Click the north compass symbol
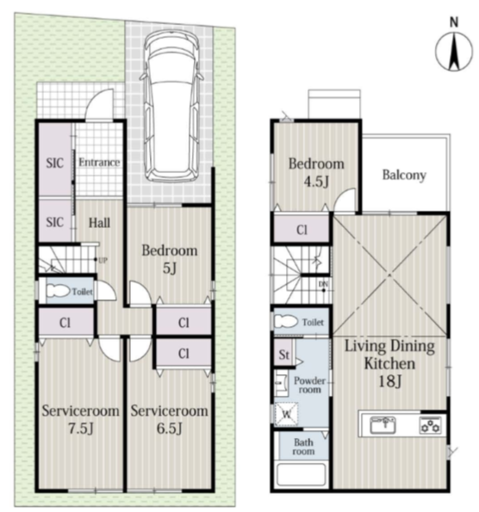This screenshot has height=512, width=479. [x=454, y=52]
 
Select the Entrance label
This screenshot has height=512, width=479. [x=99, y=163]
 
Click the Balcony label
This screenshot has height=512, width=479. [x=404, y=175]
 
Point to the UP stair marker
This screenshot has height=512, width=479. [x=103, y=261]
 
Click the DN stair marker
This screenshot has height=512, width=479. [x=323, y=285]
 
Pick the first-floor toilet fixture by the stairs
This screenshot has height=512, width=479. [x=58, y=291]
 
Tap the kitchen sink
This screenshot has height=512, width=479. [x=383, y=425]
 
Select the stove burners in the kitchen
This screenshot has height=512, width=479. [x=431, y=426]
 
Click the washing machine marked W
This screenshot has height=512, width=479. [x=286, y=414]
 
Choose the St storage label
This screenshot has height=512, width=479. [x=283, y=355]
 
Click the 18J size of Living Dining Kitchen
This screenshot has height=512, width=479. [x=389, y=381]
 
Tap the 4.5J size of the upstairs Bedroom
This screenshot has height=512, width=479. [x=316, y=182]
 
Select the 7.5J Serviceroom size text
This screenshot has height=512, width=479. [x=81, y=429]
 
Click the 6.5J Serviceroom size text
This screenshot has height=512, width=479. [x=170, y=429]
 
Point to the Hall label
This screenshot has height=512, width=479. [x=99, y=223]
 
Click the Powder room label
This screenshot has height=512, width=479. [x=309, y=385]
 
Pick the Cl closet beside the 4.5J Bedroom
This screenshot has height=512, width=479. [x=302, y=230]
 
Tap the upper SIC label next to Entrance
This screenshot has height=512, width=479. [x=54, y=163]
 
